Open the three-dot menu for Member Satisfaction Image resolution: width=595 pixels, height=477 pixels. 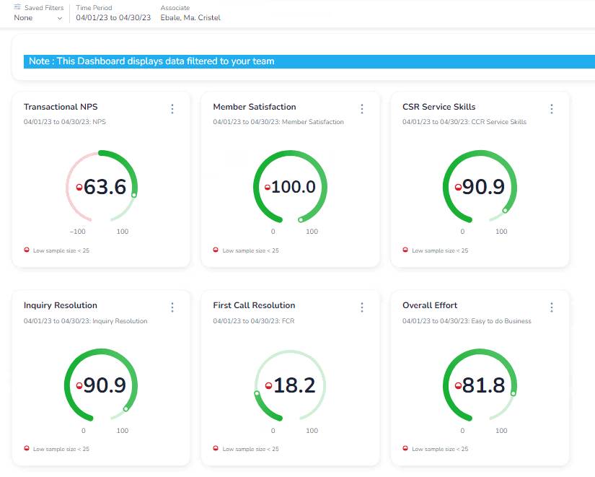(x=362, y=109)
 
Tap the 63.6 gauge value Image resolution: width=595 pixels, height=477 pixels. (x=105, y=187)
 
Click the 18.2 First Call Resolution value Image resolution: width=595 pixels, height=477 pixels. (x=294, y=385)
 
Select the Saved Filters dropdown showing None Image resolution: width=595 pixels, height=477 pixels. (x=38, y=18)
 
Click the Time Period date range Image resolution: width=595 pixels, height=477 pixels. (x=113, y=18)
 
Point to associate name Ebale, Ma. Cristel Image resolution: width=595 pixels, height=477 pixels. (x=190, y=18)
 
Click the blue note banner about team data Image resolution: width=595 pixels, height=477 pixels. (x=151, y=61)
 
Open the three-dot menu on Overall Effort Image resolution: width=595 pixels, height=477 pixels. (x=552, y=307)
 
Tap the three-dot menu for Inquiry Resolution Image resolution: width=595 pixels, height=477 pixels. (x=172, y=307)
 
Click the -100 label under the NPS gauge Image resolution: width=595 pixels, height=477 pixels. (x=78, y=232)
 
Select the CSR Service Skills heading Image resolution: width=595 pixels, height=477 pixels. (x=438, y=107)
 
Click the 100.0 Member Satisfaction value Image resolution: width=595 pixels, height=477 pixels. (x=294, y=187)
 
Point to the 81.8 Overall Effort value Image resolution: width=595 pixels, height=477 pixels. (x=483, y=385)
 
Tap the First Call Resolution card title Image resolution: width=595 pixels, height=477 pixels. (x=254, y=305)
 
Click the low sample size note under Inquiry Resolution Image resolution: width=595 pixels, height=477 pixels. (x=61, y=449)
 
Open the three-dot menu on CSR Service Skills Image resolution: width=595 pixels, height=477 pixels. (x=552, y=109)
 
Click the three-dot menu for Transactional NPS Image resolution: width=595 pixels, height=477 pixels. (x=172, y=109)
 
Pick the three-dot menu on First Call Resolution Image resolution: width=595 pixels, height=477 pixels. (x=362, y=307)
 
